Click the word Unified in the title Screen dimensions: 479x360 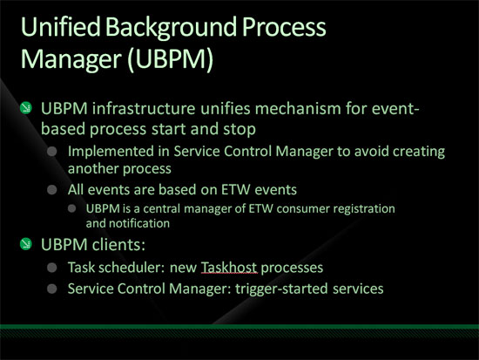pyautogui.click(x=60, y=27)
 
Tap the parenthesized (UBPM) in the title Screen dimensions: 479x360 pyautogui.click(x=170, y=59)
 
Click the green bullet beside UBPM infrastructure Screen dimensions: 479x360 pyautogui.click(x=25, y=108)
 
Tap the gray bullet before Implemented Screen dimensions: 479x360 pyautogui.click(x=52, y=152)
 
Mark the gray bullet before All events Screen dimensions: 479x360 pyautogui.click(x=52, y=190)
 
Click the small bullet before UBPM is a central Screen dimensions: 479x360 pyautogui.click(x=71, y=208)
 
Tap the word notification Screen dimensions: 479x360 pyautogui.click(x=139, y=224)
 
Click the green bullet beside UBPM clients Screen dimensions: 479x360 pyautogui.click(x=25, y=244)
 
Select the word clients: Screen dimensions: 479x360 pyautogui.click(x=118, y=245)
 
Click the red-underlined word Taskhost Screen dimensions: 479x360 pyautogui.click(x=229, y=268)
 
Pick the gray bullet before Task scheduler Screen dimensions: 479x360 pyautogui.click(x=52, y=268)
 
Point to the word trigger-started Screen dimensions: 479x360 pyautogui.click(x=281, y=289)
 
